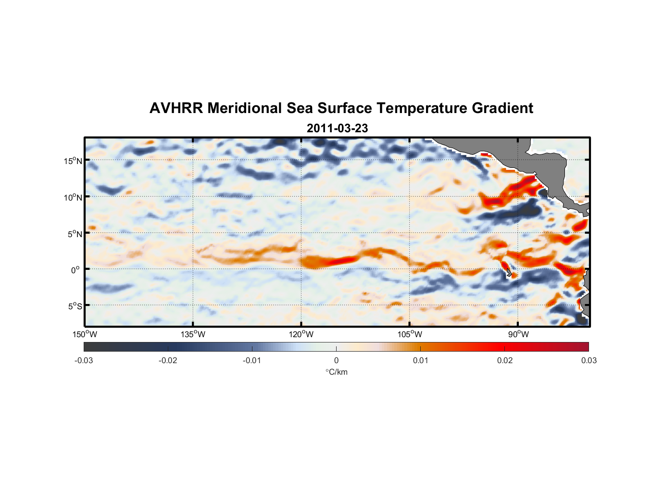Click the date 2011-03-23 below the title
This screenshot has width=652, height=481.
click(x=337, y=128)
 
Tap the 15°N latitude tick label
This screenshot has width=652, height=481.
click(x=73, y=161)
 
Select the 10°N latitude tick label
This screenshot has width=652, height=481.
click(x=73, y=197)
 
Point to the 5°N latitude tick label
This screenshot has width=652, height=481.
click(x=75, y=234)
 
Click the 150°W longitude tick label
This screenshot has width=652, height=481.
click(x=85, y=334)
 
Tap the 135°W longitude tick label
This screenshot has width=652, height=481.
click(x=193, y=334)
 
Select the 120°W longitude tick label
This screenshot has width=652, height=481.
click(x=301, y=334)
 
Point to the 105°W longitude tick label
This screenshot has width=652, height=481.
click(x=410, y=334)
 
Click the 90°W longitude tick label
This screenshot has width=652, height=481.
click(x=518, y=334)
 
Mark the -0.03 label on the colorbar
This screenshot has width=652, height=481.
click(x=84, y=360)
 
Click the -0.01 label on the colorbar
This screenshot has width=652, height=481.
click(x=252, y=360)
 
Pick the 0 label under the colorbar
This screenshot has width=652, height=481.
click(x=336, y=360)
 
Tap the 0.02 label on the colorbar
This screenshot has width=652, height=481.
click(x=505, y=360)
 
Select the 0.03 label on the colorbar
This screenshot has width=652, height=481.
click(x=589, y=360)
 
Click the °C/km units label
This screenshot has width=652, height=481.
click(x=337, y=372)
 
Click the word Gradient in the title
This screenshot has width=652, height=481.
click(x=502, y=108)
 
